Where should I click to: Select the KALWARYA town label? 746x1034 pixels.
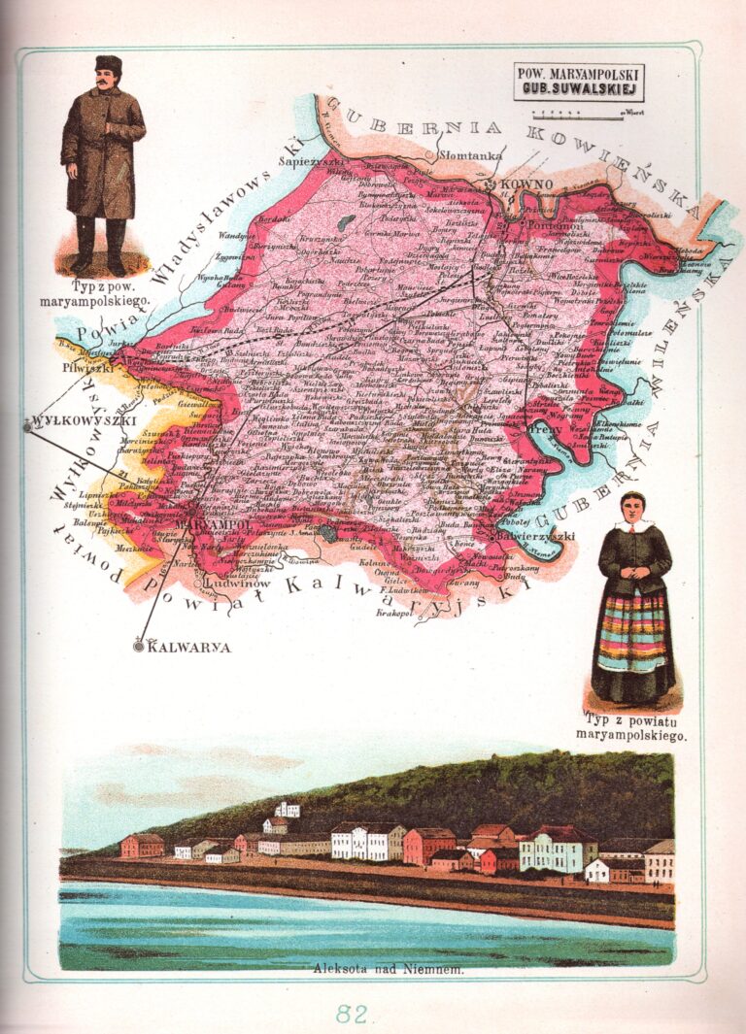pyautogui.click(x=190, y=647)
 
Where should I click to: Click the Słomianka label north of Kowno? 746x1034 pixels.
pyautogui.click(x=472, y=154)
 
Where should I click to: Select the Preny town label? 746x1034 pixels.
pyautogui.click(x=541, y=427)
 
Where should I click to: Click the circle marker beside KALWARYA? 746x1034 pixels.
pyautogui.click(x=139, y=646)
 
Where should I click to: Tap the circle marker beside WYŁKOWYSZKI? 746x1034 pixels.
pyautogui.click(x=26, y=424)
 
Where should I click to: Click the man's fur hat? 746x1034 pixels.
pyautogui.click(x=108, y=64)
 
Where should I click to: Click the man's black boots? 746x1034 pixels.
pyautogui.click(x=101, y=247)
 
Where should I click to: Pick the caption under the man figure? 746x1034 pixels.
pyautogui.click(x=109, y=293)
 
